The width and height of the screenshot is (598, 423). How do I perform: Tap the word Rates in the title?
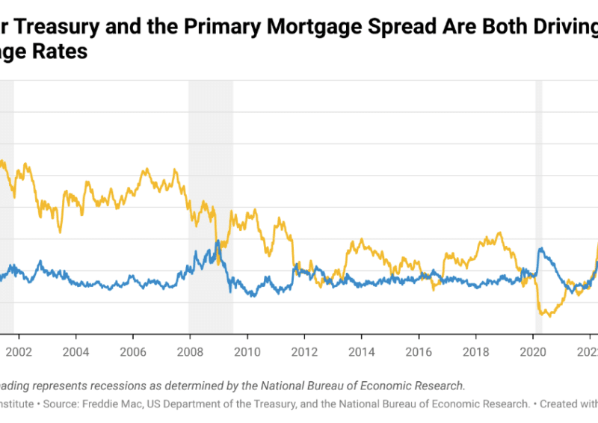click(x=61, y=52)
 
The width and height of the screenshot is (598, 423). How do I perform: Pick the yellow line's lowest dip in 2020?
click(x=549, y=316)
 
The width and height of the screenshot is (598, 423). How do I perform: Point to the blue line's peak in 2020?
click(x=540, y=249)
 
